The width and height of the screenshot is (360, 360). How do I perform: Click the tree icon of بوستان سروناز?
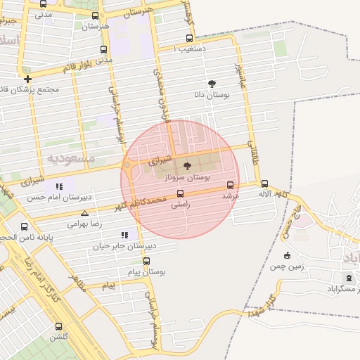(x=186, y=166)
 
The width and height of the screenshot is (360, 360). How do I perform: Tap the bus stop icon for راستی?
(x=180, y=193)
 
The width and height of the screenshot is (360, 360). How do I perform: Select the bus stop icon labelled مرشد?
(x=230, y=186)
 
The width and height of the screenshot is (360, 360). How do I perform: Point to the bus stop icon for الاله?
(x=264, y=184)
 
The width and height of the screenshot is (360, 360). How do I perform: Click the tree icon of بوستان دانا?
(x=212, y=84)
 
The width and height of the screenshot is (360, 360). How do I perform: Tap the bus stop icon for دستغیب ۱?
(x=188, y=39)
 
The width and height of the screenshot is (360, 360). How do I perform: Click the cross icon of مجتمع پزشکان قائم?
(x=27, y=79)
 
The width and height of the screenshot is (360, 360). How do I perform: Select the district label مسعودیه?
(x=71, y=158)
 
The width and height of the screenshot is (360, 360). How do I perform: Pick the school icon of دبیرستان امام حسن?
(x=59, y=187)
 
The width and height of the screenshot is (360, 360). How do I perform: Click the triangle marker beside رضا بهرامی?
(x=84, y=213)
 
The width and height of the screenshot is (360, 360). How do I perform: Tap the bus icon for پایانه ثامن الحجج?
(x=25, y=227)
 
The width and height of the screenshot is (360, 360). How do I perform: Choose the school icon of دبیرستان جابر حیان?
(x=124, y=235)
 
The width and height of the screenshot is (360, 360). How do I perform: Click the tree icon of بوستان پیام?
(x=146, y=261)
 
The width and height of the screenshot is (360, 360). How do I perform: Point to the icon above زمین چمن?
(x=286, y=255)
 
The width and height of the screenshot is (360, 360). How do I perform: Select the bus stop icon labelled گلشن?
(x=58, y=326)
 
